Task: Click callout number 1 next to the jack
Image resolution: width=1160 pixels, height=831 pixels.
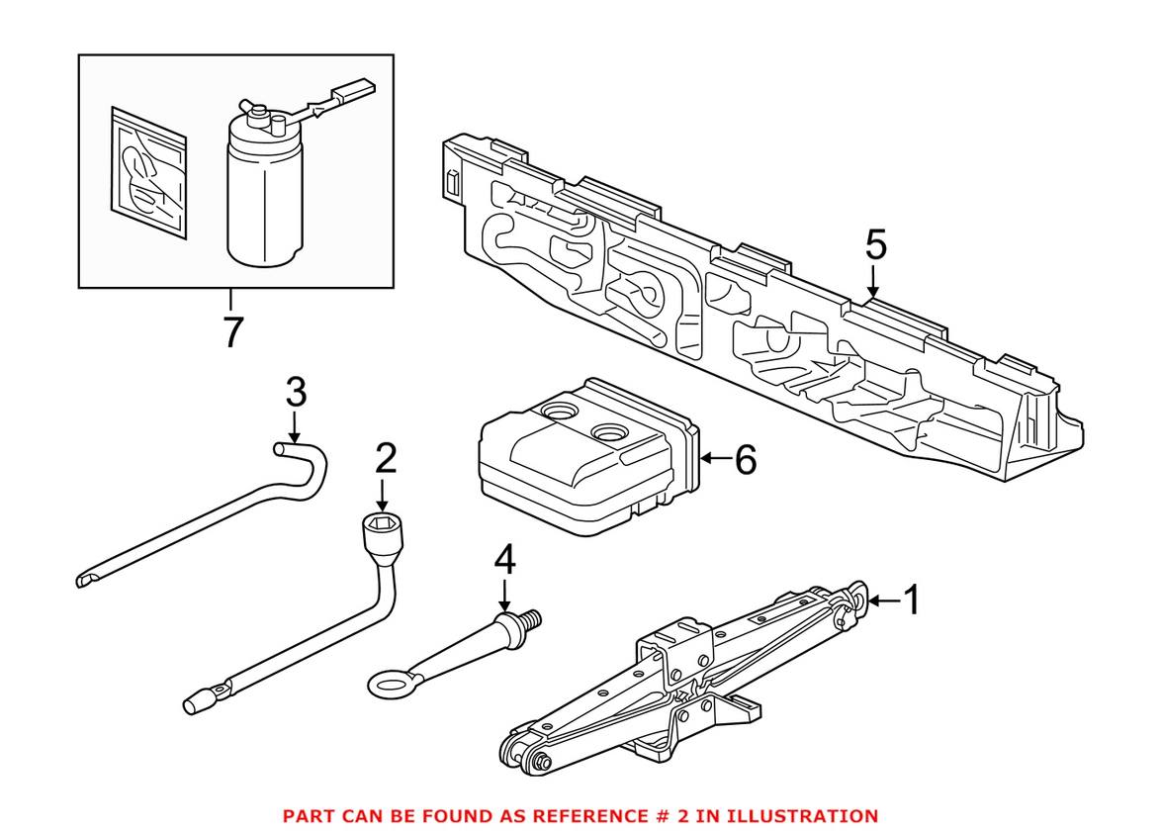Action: point(913,600)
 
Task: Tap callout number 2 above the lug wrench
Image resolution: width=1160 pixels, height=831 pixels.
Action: point(386,459)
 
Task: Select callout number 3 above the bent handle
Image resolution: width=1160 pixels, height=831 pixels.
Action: point(296,392)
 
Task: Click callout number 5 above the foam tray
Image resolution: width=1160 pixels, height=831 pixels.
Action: point(875,245)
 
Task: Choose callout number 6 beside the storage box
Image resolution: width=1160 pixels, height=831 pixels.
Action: point(746,460)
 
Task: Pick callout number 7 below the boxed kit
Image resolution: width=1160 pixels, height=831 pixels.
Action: point(233,332)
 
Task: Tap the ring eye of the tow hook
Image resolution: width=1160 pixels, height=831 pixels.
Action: point(389,684)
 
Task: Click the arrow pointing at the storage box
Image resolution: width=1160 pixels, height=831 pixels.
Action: point(715,459)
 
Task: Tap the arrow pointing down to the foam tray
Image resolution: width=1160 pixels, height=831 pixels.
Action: point(873,282)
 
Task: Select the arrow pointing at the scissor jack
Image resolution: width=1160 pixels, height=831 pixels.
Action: point(885,600)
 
